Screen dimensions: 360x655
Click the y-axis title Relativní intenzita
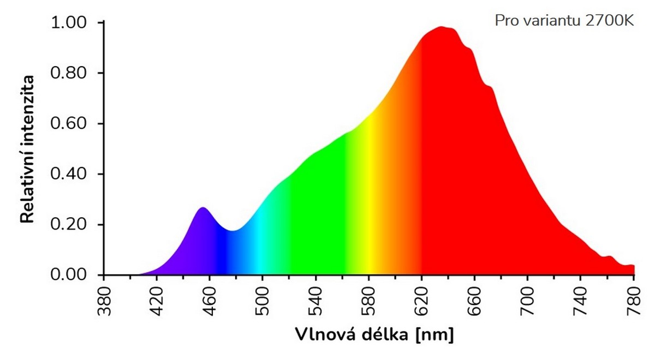(27, 149)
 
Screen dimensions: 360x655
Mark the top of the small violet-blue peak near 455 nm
(203, 208)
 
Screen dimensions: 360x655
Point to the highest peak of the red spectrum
(441, 27)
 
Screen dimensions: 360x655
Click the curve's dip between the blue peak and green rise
(231, 231)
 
